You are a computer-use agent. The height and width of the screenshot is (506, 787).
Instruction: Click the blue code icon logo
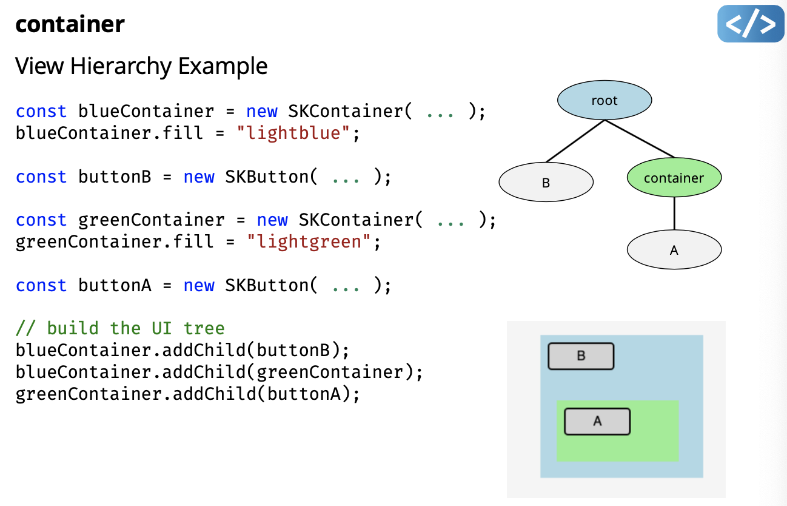click(x=751, y=24)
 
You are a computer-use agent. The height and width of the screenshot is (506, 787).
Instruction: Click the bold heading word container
click(x=70, y=24)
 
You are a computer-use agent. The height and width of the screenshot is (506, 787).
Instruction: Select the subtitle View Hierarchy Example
click(x=141, y=66)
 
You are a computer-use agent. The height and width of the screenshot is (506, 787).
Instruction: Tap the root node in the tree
click(x=604, y=101)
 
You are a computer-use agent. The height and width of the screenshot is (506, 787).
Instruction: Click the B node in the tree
click(x=546, y=182)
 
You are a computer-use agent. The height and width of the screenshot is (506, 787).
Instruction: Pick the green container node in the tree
click(x=674, y=178)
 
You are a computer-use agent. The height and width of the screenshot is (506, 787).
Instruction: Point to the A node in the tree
click(x=674, y=249)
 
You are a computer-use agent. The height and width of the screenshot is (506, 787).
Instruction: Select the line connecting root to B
click(x=575, y=141)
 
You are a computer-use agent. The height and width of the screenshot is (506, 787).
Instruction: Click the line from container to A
click(x=674, y=213)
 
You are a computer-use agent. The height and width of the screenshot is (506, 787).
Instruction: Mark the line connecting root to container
click(x=640, y=139)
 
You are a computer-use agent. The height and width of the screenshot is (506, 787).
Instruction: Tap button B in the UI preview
click(x=581, y=356)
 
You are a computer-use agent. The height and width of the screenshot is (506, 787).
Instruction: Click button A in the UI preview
click(x=597, y=421)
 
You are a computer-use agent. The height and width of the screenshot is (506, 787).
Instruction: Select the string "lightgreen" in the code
click(x=309, y=242)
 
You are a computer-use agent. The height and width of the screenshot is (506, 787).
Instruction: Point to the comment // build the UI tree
click(x=120, y=328)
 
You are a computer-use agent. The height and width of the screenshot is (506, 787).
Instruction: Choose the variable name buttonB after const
click(x=115, y=177)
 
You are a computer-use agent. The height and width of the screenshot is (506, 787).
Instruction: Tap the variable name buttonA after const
click(x=115, y=285)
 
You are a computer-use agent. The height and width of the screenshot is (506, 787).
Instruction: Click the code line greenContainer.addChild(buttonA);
click(x=188, y=394)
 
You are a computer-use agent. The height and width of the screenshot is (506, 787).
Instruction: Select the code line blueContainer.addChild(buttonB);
click(x=183, y=350)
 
